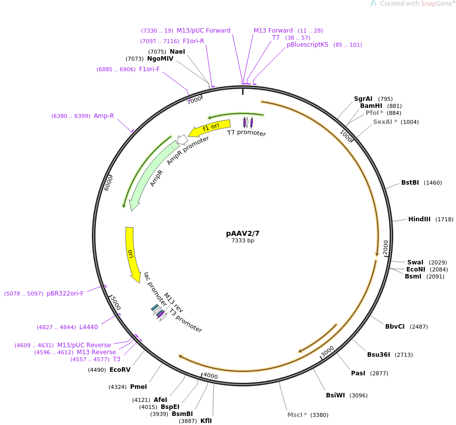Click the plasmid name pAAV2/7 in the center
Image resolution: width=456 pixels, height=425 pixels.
(x=243, y=233)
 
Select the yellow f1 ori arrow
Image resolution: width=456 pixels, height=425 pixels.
(x=210, y=127)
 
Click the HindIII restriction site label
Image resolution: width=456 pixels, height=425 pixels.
(x=419, y=219)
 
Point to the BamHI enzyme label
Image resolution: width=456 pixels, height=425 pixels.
(x=371, y=106)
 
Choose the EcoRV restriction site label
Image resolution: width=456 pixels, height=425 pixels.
(x=120, y=369)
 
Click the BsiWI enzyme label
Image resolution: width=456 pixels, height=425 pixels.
(x=335, y=395)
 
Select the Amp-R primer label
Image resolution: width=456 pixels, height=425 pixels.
(x=104, y=115)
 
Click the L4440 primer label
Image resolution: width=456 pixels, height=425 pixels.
(x=88, y=327)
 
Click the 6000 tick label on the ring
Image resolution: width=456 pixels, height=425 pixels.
(x=108, y=183)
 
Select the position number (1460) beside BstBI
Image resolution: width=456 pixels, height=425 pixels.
(x=433, y=183)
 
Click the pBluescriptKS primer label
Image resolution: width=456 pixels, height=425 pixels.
(x=307, y=45)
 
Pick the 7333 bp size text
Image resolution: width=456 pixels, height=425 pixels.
(x=243, y=240)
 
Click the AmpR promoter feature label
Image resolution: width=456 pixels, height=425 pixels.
(x=188, y=151)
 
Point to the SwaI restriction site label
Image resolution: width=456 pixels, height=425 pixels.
(x=415, y=262)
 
